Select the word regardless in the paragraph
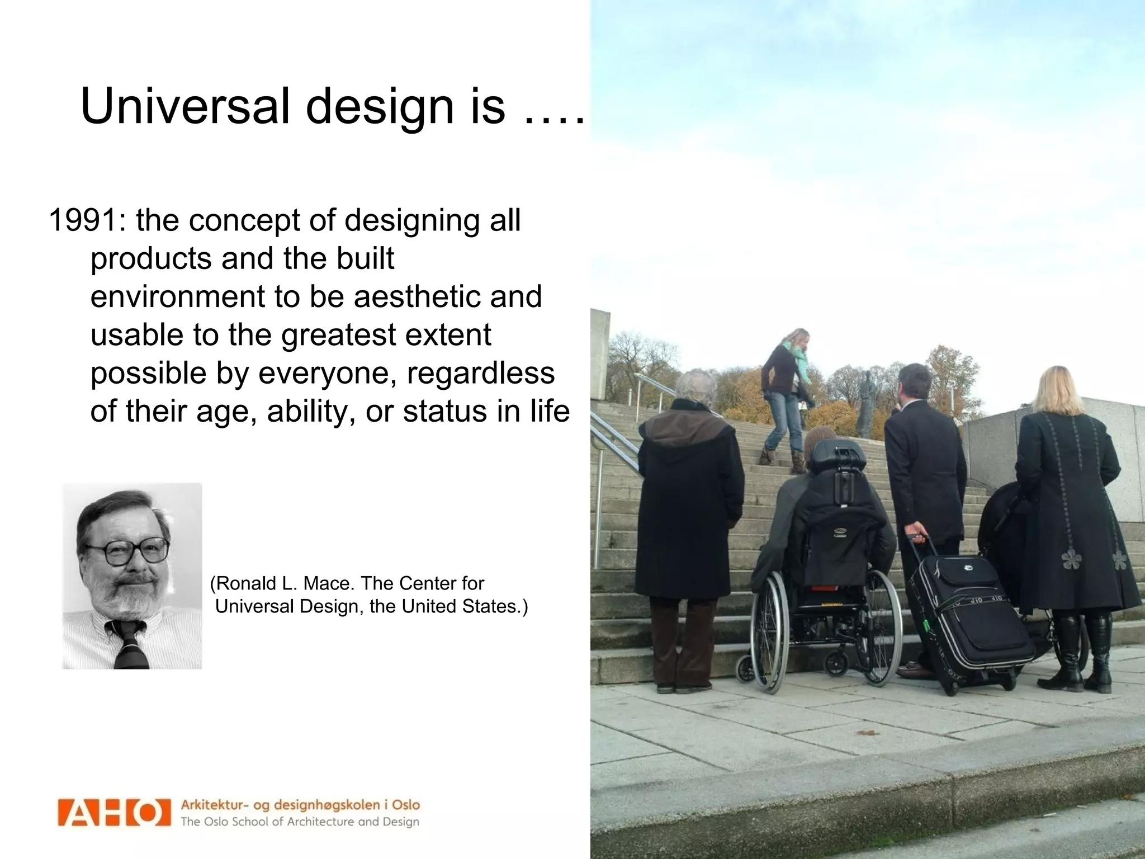coord(481,373)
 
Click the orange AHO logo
coord(113,813)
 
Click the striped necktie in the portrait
coord(130,643)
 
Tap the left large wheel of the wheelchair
coord(770,632)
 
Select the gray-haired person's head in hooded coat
coord(696,386)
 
